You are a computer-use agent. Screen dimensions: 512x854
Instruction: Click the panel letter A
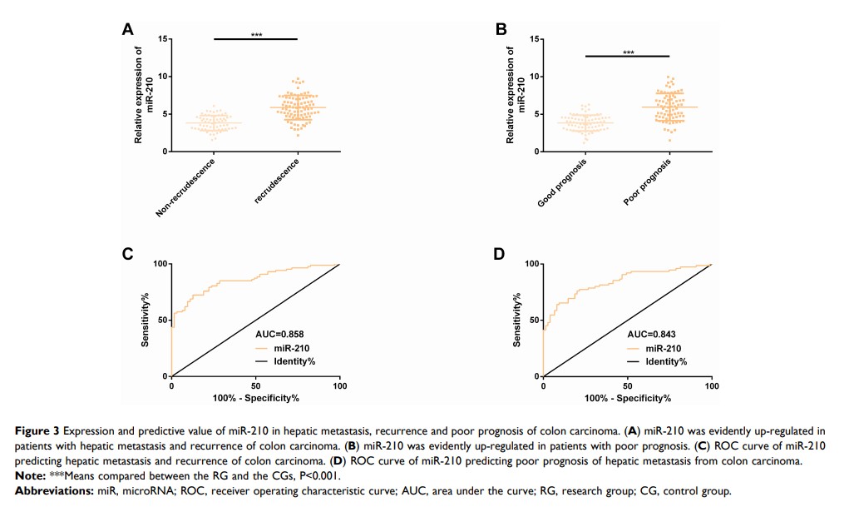coord(127,30)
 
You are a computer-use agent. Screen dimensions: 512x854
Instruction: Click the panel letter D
coord(500,253)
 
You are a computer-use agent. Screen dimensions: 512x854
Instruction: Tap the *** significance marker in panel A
coord(256,34)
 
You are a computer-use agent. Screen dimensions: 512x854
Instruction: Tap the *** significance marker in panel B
coord(629,52)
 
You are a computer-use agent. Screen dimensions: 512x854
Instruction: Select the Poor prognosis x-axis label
coord(647,185)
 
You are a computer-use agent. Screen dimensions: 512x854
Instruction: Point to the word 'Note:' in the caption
coord(31,475)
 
